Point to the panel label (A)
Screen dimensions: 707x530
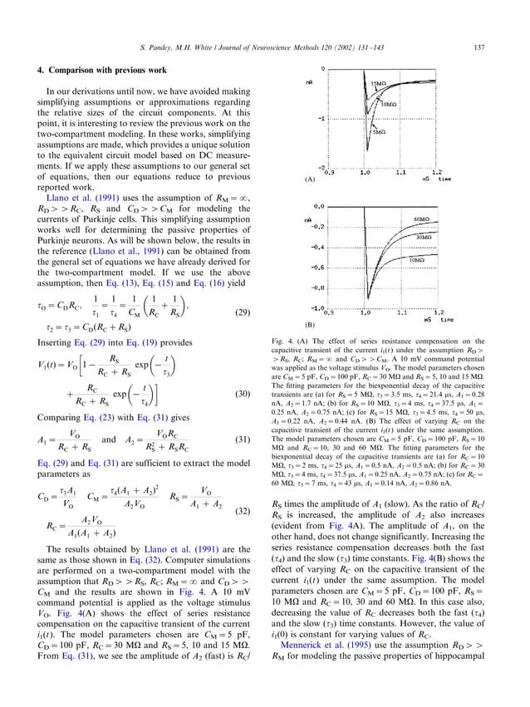(310, 179)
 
